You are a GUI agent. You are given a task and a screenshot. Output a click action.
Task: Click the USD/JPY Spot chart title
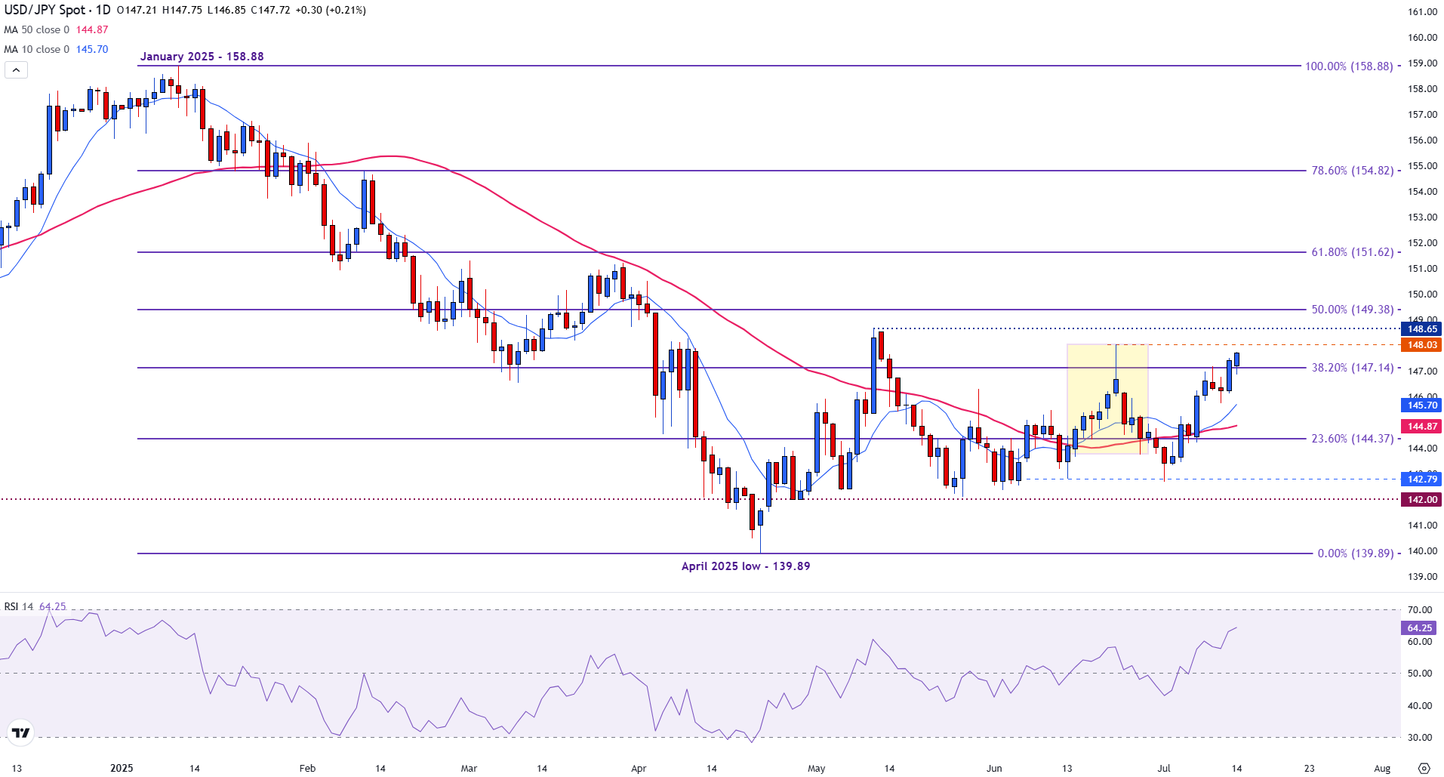coord(57,10)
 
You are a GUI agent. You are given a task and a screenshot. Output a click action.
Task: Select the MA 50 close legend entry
coord(36,29)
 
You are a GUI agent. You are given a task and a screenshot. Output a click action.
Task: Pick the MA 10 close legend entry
coord(36,49)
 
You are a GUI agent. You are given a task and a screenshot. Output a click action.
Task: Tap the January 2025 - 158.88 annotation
coord(202,57)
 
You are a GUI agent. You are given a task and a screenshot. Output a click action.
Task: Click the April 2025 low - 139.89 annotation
coord(745,566)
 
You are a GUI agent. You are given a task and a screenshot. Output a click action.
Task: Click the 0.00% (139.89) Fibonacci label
coord(1355,553)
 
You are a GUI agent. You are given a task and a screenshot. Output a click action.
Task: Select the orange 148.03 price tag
coord(1421,345)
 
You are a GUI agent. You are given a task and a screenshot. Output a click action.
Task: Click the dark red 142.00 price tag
coord(1421,500)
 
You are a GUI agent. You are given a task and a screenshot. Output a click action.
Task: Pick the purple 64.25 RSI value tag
coord(1420,628)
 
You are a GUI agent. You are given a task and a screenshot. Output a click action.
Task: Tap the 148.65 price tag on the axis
coord(1421,329)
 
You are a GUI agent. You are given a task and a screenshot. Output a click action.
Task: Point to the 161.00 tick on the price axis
coord(1422,12)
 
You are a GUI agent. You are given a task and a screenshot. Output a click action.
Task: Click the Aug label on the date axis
coord(1381,769)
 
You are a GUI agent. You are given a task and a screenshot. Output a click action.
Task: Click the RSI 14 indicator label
coord(19,607)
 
